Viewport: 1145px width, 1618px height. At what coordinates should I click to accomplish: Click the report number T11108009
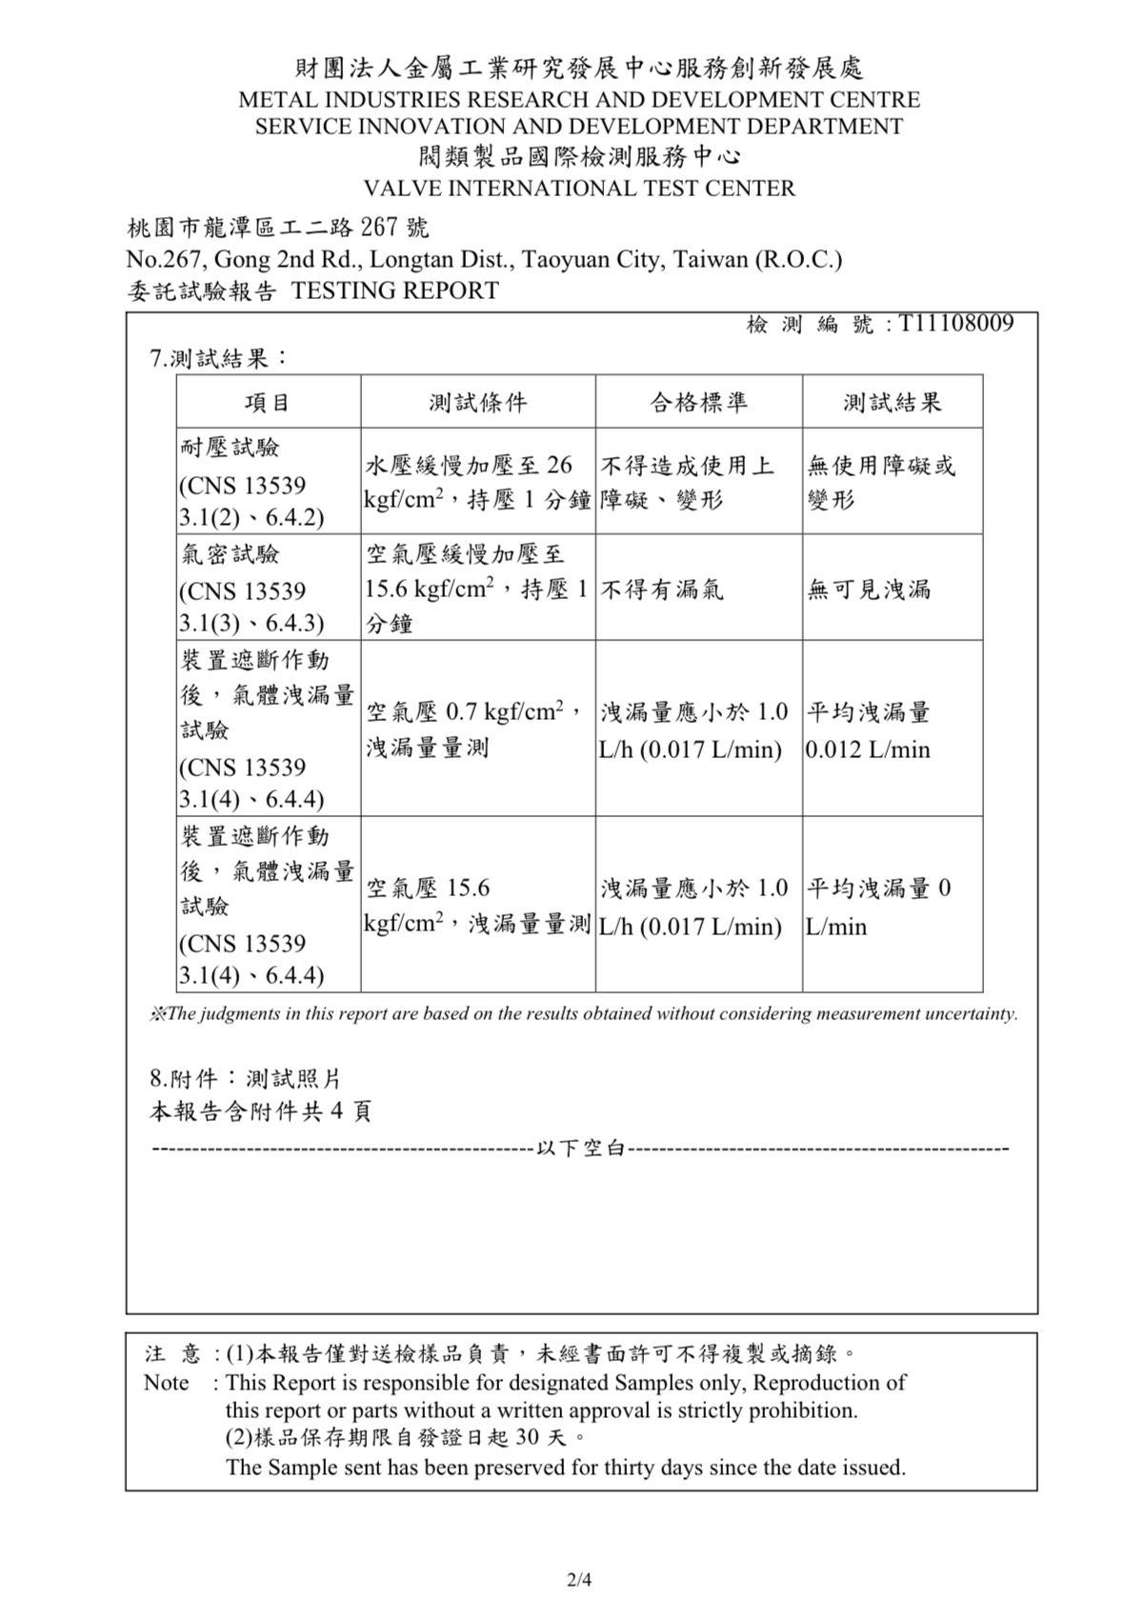pos(955,324)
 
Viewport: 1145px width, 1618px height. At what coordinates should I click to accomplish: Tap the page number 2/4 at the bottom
pos(579,1580)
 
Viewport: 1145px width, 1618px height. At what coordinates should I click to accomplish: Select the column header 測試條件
pos(477,402)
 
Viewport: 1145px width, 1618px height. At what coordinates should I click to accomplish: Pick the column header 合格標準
pos(698,402)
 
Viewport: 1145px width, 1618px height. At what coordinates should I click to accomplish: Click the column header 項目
pos(268,402)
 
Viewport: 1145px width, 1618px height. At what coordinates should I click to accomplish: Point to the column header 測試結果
pos(892,402)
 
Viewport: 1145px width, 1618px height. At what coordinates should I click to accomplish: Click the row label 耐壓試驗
pos(230,448)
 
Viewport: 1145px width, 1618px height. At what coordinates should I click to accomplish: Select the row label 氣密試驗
pos(230,554)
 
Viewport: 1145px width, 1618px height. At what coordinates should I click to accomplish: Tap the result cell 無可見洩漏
pos(869,589)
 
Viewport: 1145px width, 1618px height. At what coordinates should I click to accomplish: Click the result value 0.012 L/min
pos(868,749)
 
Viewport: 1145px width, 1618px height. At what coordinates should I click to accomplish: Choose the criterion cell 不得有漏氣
pos(662,589)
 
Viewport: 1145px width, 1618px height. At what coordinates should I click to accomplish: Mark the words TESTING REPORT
pos(394,290)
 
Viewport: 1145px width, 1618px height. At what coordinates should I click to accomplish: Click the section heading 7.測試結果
pos(220,358)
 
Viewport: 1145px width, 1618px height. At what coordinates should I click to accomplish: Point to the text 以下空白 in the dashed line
pos(580,1149)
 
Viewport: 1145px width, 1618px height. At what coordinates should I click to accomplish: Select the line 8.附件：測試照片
pos(245,1079)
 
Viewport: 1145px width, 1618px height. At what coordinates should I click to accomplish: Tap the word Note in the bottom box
pos(167,1383)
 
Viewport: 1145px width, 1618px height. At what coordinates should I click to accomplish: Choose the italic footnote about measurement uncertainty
pos(583,1014)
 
